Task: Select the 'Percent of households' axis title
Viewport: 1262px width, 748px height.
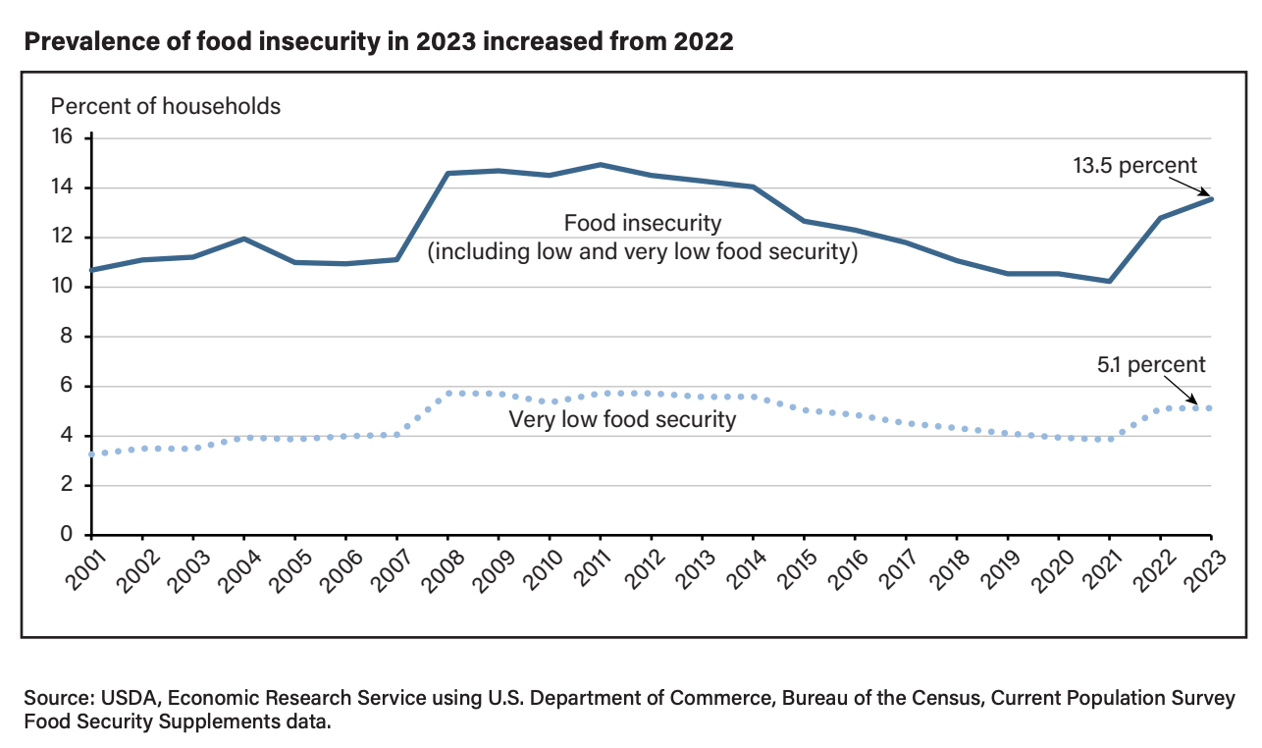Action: click(166, 106)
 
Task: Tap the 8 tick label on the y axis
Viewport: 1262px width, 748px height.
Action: click(69, 337)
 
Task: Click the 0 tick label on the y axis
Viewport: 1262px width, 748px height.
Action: click(69, 535)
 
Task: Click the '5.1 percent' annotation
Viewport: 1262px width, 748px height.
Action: click(1151, 365)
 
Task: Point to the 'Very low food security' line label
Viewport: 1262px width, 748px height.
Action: click(622, 421)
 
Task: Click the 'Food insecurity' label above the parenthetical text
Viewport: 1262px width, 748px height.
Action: click(643, 224)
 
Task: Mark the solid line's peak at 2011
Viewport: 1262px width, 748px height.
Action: click(601, 165)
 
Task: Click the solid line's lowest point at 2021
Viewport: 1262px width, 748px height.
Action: click(1109, 281)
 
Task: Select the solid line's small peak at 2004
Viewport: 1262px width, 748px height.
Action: click(243, 239)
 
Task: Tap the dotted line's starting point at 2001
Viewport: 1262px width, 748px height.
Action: click(91, 454)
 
